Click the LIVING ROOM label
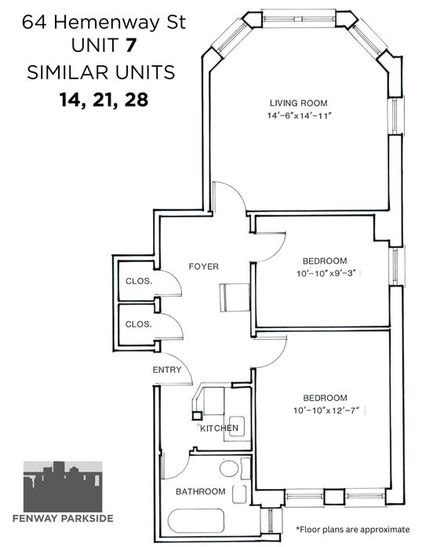point(299,103)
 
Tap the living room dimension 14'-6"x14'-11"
point(299,115)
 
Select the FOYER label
point(204,267)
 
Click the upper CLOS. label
point(139,281)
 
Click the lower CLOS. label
point(139,324)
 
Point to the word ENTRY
point(167,370)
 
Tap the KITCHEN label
point(219,428)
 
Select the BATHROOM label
point(201,491)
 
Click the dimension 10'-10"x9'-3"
point(326,273)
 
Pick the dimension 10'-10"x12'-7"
point(326,410)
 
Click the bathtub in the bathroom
point(196,521)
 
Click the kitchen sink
point(236,427)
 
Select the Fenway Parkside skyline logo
point(63,487)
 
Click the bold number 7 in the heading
point(130,45)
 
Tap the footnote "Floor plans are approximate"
point(353,530)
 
